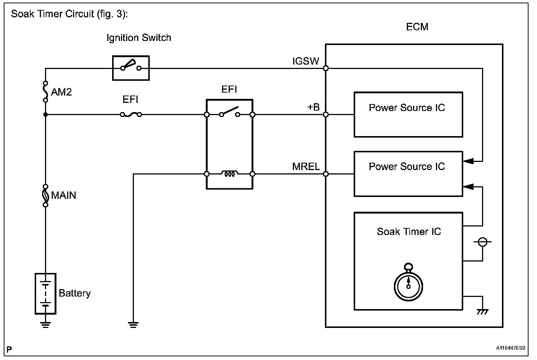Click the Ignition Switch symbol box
tap(131, 68)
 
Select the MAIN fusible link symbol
tap(45, 195)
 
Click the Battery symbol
tap(45, 294)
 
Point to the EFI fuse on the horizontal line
tap(131, 115)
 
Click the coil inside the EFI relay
tap(229, 174)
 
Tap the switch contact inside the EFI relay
tap(229, 113)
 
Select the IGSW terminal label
tap(305, 61)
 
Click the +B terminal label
tap(313, 107)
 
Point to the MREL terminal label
tap(306, 166)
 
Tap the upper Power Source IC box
tap(408, 115)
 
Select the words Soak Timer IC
tap(409, 232)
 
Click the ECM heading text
tap(417, 27)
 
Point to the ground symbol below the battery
tap(45, 324)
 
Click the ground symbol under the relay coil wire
tap(133, 324)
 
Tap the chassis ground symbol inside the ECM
tap(482, 312)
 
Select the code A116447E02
tap(510, 348)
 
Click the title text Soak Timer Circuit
tap(70, 14)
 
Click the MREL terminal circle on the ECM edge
tap(326, 174)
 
